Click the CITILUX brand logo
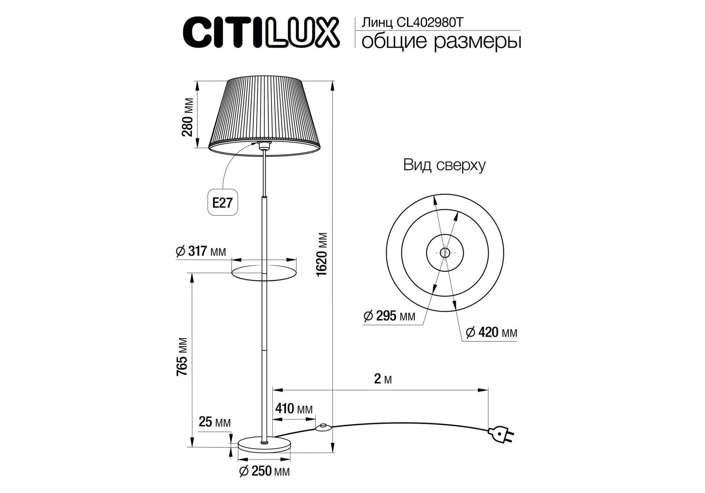pyautogui.click(x=261, y=32)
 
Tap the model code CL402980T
pyautogui.click(x=430, y=23)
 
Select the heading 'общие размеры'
pyautogui.click(x=441, y=42)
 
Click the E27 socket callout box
pyautogui.click(x=222, y=203)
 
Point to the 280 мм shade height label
pyautogui.click(x=187, y=117)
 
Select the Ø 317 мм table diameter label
pyautogui.click(x=201, y=251)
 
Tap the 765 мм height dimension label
pyautogui.click(x=182, y=357)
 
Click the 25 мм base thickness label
pyautogui.click(x=215, y=422)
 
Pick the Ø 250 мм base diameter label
pyautogui.click(x=264, y=471)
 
